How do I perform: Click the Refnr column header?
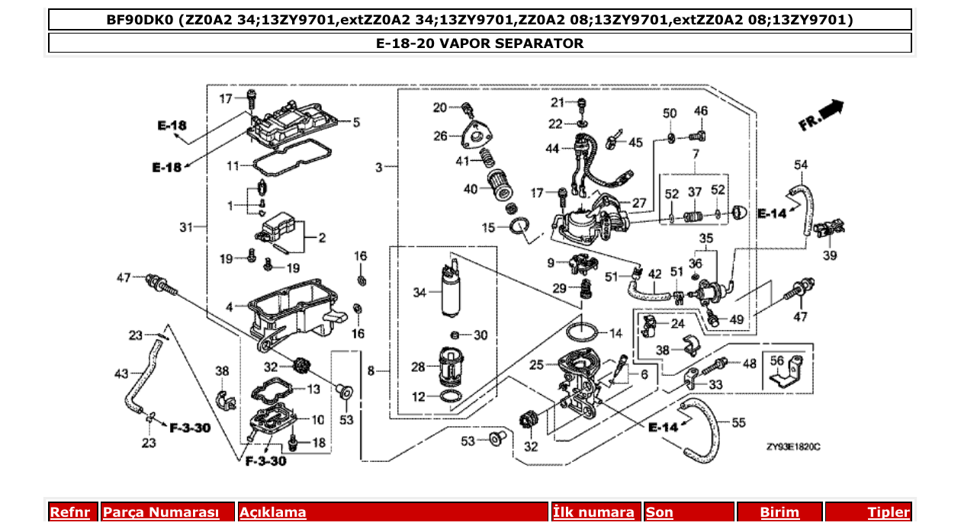point(69,513)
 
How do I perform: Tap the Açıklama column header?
point(273,513)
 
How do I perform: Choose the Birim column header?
point(779,513)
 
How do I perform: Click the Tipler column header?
point(889,513)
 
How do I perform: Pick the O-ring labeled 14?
point(584,332)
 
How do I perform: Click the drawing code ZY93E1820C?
point(793,448)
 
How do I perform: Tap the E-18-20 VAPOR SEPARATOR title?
point(480,43)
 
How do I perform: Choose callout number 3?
point(379,167)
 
